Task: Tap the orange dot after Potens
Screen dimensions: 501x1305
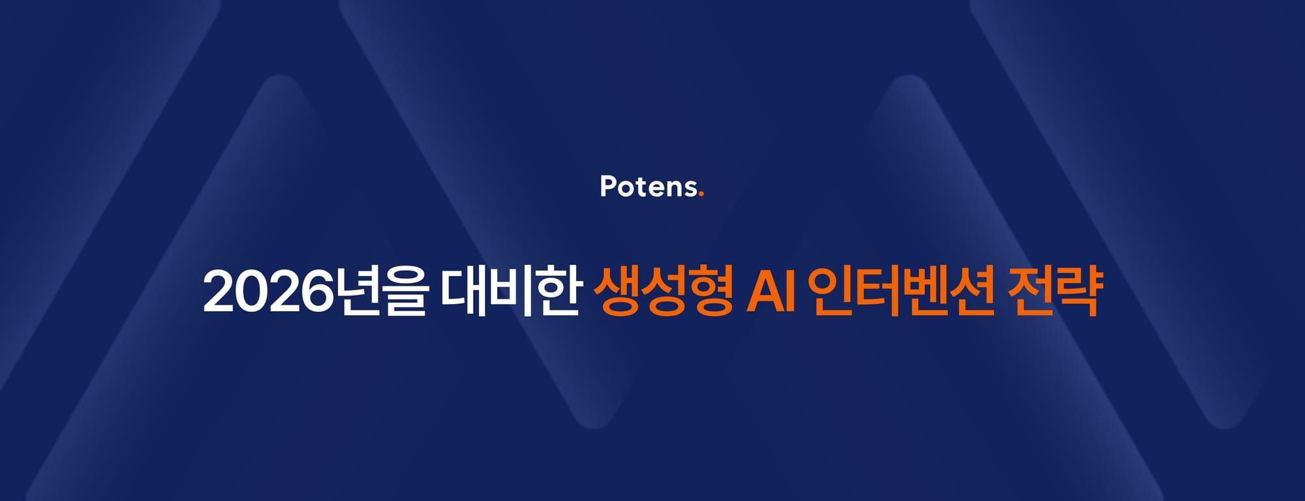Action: click(x=701, y=194)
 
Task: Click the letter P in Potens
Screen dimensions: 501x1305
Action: click(x=608, y=187)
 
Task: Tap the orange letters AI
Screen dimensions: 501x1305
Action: click(x=771, y=293)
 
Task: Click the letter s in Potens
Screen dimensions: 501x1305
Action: click(x=688, y=189)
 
